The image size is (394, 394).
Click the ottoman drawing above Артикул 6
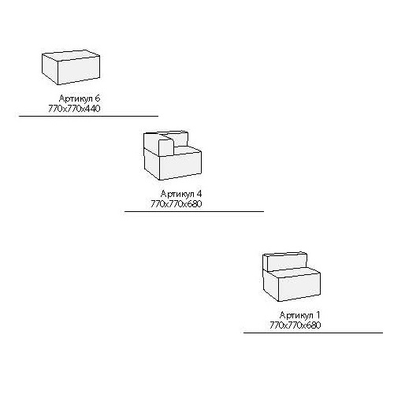point(71,67)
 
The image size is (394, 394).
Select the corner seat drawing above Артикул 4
point(173,155)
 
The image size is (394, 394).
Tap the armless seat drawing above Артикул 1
point(292,277)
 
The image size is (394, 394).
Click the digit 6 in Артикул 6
point(98,98)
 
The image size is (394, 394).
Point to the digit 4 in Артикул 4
point(199,194)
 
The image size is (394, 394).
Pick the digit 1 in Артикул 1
point(318,315)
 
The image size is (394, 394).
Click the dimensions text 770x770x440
point(74,108)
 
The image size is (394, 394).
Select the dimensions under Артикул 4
point(177,204)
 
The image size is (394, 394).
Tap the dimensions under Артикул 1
point(295,325)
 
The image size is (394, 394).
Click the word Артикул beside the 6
point(76,98)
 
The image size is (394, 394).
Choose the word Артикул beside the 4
point(177,194)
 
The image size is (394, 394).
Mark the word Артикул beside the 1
point(296,315)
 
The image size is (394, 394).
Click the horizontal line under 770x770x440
point(88,116)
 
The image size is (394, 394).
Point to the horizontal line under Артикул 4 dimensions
point(194,211)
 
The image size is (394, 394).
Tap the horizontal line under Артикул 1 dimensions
point(313,333)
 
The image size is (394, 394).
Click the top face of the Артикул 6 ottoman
point(71,55)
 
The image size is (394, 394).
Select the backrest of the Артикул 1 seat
point(287,262)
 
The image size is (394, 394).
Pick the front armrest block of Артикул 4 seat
point(165,148)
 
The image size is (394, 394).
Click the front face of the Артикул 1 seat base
point(299,287)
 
